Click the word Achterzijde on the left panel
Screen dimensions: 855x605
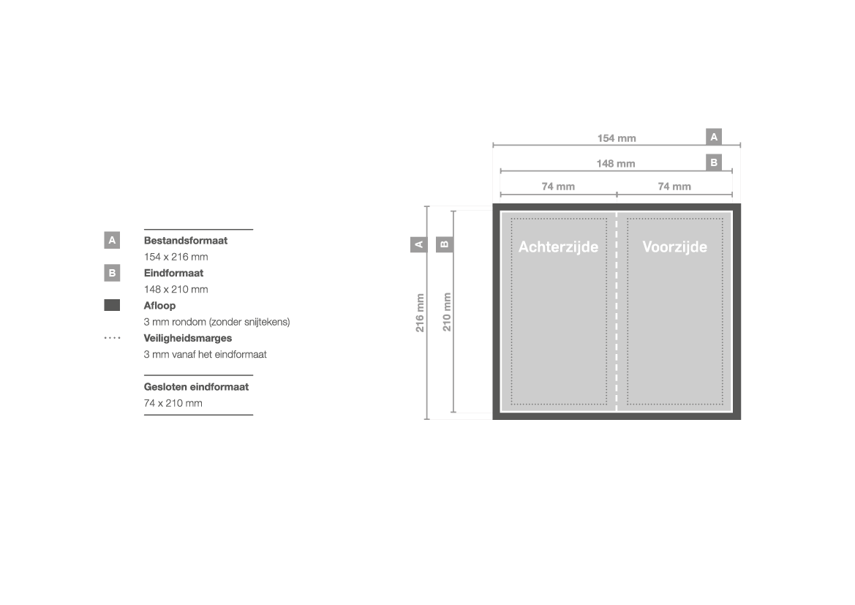click(558, 247)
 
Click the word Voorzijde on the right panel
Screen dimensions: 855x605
click(674, 247)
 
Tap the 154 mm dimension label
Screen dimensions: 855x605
click(617, 138)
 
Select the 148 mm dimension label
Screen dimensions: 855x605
click(616, 163)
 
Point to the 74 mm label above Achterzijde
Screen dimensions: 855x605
click(558, 187)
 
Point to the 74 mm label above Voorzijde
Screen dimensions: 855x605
click(674, 187)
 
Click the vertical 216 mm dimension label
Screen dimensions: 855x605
click(420, 312)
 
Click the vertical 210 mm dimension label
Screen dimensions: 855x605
click(447, 312)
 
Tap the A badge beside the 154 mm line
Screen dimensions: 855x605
click(714, 137)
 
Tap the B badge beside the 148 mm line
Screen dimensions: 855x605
click(714, 162)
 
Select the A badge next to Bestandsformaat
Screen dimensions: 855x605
click(112, 240)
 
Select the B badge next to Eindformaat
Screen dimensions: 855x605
click(112, 273)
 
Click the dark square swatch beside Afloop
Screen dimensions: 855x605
click(112, 305)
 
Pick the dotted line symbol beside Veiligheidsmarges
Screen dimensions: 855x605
click(113, 338)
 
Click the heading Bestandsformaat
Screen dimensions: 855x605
click(185, 241)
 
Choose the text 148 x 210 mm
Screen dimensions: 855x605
click(176, 289)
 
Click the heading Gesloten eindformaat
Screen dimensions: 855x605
click(196, 387)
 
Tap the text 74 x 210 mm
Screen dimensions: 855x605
click(173, 403)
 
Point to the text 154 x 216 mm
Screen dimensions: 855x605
click(176, 256)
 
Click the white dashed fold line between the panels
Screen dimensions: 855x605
click(617, 312)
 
